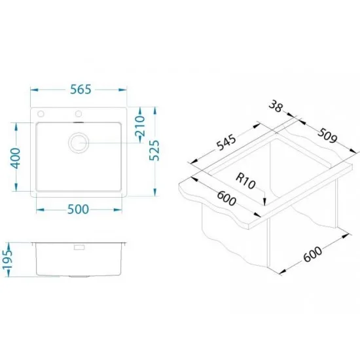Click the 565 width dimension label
[81, 89]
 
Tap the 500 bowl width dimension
[78, 209]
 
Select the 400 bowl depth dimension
[16, 158]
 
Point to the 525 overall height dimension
[154, 151]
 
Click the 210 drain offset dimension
[140, 126]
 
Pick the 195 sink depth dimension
[7, 259]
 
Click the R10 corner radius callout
[245, 181]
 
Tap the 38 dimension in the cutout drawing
[276, 106]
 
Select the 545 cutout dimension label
[226, 143]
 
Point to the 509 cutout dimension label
[327, 135]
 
